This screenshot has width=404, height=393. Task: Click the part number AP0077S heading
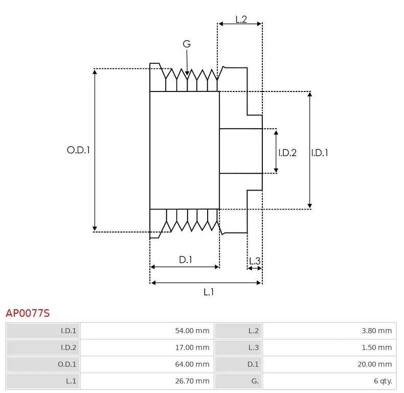pos(28,313)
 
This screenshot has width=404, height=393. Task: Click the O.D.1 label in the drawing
pos(78,150)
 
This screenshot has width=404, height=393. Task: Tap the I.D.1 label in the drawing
pos(320,152)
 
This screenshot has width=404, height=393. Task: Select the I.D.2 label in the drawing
pos(287,152)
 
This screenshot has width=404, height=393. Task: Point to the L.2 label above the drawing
pos(241,19)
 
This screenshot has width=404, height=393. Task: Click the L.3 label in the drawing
pos(254,261)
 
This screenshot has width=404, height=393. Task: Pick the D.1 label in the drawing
pos(185,260)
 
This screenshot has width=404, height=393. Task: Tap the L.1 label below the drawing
pos(209,292)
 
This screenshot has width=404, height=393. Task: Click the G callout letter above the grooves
pos(187,44)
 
